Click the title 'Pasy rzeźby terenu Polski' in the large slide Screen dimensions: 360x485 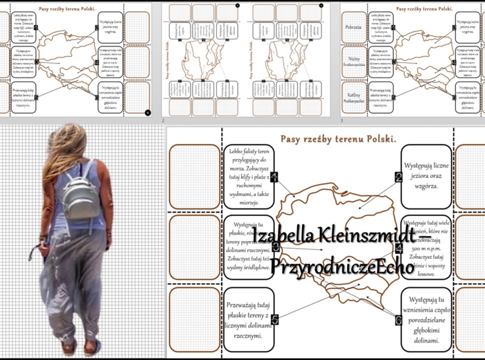point(338,138)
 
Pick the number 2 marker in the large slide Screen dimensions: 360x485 point(398,177)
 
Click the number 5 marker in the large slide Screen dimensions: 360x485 point(275,319)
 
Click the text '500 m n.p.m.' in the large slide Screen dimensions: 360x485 point(424,246)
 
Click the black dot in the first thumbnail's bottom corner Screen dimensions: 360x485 point(148,111)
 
